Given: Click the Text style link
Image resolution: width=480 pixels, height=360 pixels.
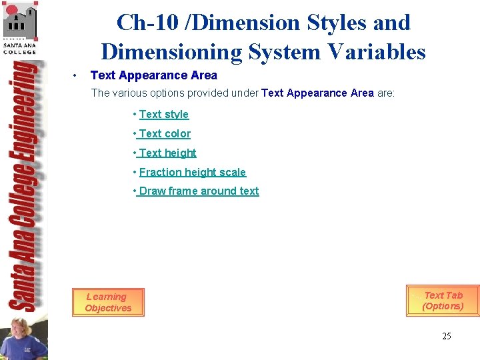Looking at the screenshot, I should pos(164,115).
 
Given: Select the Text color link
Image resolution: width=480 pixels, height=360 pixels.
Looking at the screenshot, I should pos(165,134).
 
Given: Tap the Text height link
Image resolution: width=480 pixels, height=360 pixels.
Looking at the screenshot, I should pos(167,153).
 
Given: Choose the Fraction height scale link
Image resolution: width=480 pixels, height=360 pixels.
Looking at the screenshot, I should pos(193,172).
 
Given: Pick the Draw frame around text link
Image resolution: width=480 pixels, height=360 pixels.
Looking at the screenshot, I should pos(199,191).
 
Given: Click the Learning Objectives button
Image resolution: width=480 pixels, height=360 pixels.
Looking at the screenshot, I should pos(108,303).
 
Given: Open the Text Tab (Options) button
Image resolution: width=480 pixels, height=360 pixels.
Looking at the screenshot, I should pos(443,301).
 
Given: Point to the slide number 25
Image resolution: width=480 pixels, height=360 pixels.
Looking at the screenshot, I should pos(447,336).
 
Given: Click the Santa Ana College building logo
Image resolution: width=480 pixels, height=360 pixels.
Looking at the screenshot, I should pos(19,21).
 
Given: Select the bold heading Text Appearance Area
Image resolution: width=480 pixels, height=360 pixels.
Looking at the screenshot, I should pos(154,75).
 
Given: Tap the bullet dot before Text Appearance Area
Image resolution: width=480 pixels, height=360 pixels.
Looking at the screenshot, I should pos(77,75).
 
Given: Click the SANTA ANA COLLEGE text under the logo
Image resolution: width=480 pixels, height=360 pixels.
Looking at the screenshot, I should pos(19,48).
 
